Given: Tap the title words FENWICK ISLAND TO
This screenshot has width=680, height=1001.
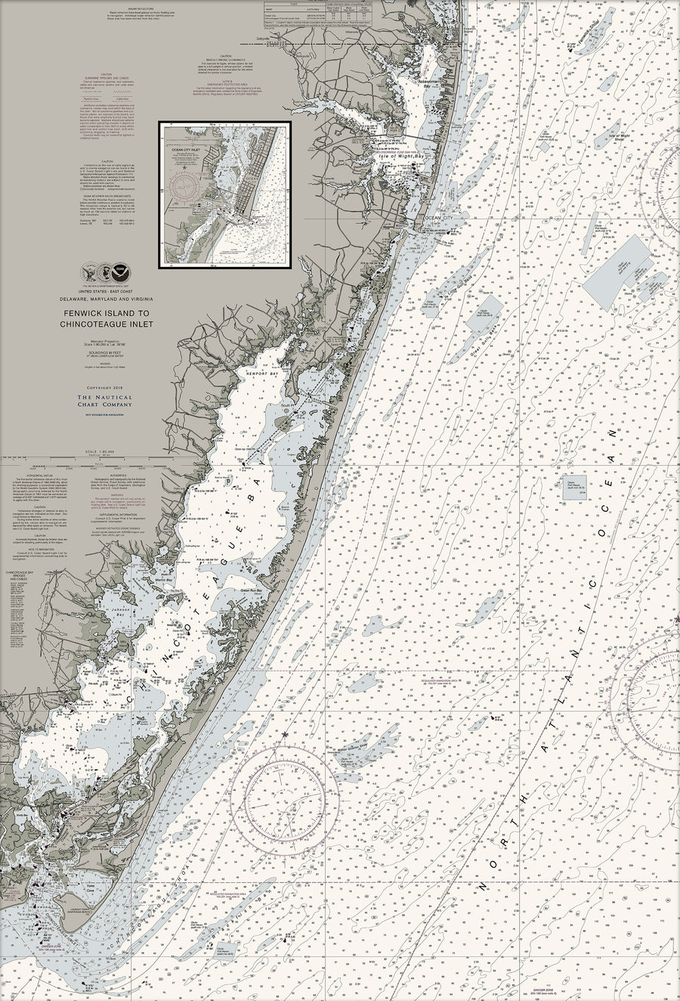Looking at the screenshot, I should (x=106, y=313).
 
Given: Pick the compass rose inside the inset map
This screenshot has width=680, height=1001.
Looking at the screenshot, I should (x=185, y=186).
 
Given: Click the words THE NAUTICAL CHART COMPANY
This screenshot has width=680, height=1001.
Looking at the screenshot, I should (x=106, y=401).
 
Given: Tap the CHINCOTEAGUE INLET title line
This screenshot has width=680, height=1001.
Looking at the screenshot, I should (x=106, y=324).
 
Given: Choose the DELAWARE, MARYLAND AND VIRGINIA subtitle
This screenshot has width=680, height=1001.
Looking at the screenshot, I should (x=106, y=300).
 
